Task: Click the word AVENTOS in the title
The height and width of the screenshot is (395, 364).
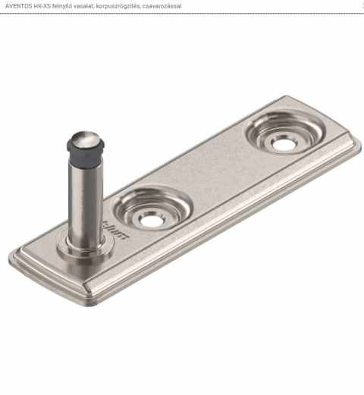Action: tap(17, 6)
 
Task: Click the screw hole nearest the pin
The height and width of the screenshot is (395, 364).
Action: tap(151, 220)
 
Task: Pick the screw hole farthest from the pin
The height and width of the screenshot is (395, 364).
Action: tap(284, 143)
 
